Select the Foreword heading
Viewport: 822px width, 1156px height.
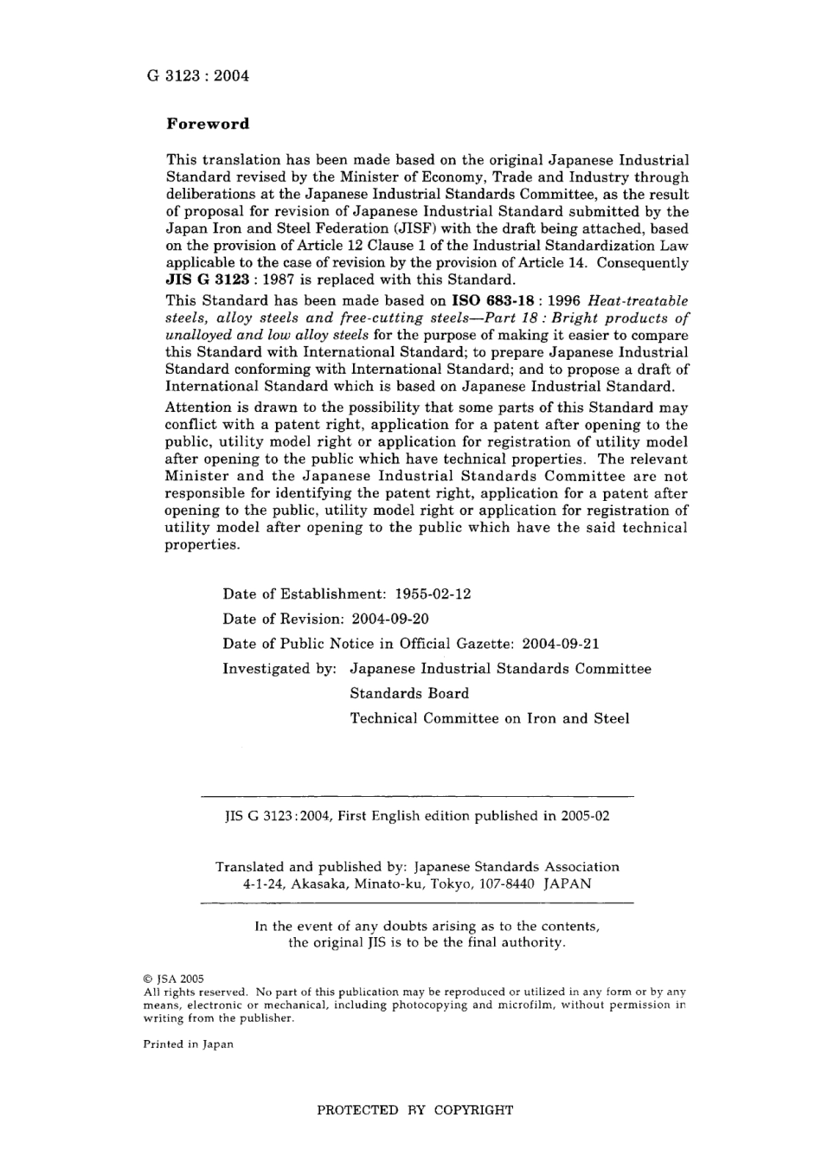(x=208, y=124)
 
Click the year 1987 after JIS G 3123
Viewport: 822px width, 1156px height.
(x=280, y=280)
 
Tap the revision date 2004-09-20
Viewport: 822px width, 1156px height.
(x=390, y=620)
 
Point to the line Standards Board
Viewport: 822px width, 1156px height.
(x=409, y=694)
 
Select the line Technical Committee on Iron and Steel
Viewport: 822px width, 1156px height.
(x=490, y=718)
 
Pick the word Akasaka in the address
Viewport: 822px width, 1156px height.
(x=320, y=884)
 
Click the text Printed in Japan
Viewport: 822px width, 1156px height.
(x=188, y=1044)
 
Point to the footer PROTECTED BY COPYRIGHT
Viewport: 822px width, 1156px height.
(x=414, y=1110)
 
